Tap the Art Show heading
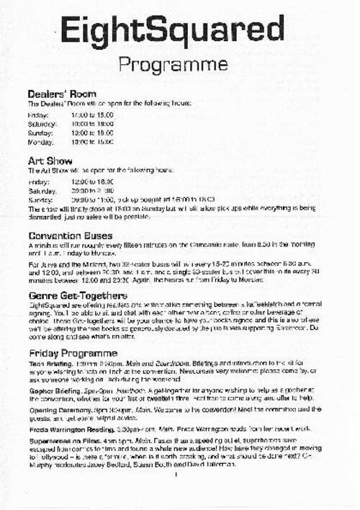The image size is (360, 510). pyautogui.click(x=50, y=161)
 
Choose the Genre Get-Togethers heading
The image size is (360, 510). pyautogui.click(x=79, y=296)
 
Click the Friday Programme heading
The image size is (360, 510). pyautogui.click(x=73, y=353)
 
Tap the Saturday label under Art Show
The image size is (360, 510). pyautogui.click(x=42, y=191)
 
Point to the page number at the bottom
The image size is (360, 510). pyautogui.click(x=176, y=494)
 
